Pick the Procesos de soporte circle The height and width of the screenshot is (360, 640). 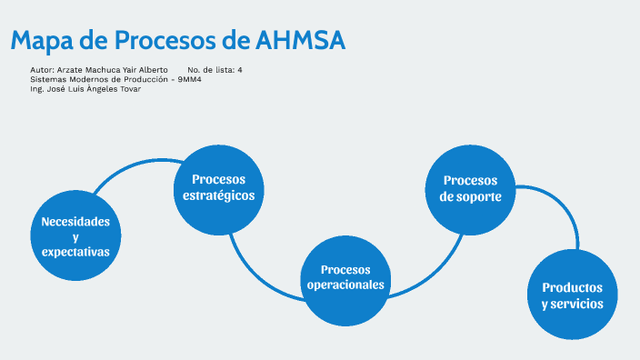[471, 187]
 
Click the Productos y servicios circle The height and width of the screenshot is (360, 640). [572, 295]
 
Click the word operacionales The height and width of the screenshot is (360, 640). [345, 285]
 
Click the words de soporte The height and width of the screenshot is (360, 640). [471, 195]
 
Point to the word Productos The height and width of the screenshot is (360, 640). [572, 287]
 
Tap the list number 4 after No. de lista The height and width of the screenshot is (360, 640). [239, 70]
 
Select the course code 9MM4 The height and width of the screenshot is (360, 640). [189, 79]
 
